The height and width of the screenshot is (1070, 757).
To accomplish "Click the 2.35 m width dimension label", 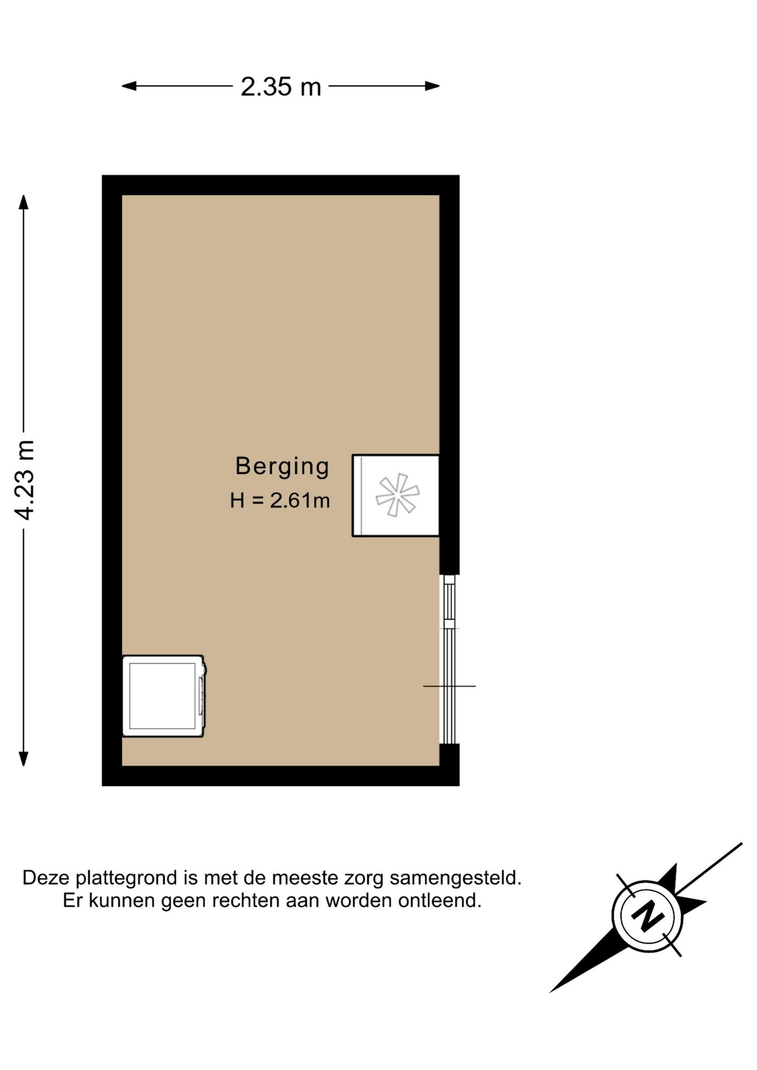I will (280, 87).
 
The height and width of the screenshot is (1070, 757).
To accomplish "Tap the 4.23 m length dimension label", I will (25, 480).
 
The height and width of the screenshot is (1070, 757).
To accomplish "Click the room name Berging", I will (282, 466).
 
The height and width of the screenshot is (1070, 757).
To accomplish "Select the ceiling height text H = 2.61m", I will (280, 500).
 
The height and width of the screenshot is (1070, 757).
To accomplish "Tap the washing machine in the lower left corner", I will (162, 696).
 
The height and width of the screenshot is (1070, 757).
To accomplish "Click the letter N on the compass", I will (647, 916).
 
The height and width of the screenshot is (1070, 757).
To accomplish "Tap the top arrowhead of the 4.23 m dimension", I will (23, 201).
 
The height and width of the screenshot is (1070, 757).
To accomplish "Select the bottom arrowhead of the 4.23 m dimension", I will (23, 758).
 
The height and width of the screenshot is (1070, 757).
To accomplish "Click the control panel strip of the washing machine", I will (201, 696).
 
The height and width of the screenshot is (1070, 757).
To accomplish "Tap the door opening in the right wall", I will (449, 687).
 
